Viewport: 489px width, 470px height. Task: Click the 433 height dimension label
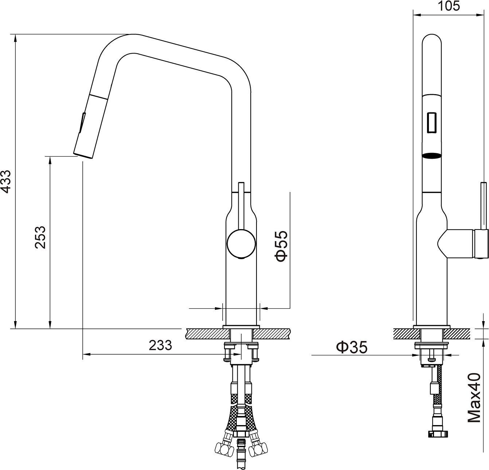tap(6, 181)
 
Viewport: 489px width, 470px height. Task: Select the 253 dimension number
tap(40, 237)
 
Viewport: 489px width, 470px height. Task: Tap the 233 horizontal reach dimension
tap(160, 345)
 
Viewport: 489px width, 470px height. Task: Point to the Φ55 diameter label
tap(281, 246)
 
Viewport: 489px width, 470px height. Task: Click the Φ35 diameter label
tap(352, 347)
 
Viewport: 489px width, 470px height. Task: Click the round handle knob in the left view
tap(241, 244)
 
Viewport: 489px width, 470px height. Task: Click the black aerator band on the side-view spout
tap(432, 155)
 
